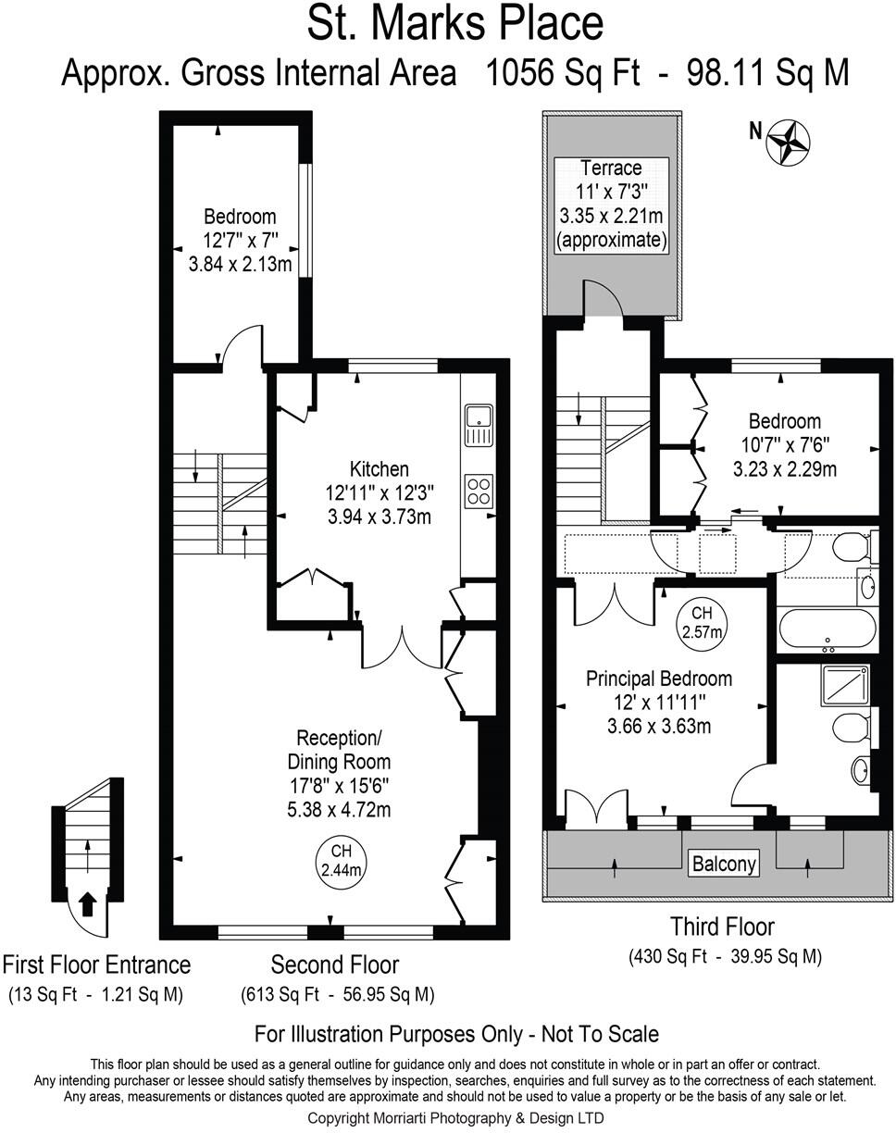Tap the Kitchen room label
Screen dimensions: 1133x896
[379, 468]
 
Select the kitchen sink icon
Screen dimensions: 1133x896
[479, 424]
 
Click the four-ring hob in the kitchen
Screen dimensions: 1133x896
[479, 490]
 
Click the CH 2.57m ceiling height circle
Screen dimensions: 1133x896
[702, 622]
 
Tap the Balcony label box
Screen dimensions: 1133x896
[724, 864]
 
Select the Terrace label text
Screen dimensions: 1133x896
[611, 168]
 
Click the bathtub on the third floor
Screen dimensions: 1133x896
[827, 629]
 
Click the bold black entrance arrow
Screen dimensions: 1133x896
[88, 903]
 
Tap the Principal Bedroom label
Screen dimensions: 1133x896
[659, 679]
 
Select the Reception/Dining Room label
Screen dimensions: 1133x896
[338, 750]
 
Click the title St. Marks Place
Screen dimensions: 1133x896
[454, 24]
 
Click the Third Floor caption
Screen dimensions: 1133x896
[722, 926]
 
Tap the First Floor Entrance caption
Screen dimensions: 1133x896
[96, 965]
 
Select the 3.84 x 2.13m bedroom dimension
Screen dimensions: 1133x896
[240, 265]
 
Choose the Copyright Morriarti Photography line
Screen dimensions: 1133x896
[454, 1118]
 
